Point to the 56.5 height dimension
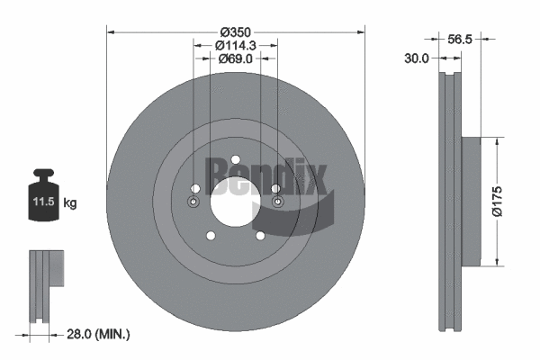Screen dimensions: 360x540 pos(460,38)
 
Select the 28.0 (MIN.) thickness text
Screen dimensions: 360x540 pos(99,334)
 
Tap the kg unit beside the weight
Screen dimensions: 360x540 pos(70,203)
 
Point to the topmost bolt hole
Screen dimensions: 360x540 pos(235,153)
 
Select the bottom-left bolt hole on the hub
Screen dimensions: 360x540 pos(211,236)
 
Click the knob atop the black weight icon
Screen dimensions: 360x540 pos(43,175)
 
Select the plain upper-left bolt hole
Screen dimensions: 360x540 pos(195,186)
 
